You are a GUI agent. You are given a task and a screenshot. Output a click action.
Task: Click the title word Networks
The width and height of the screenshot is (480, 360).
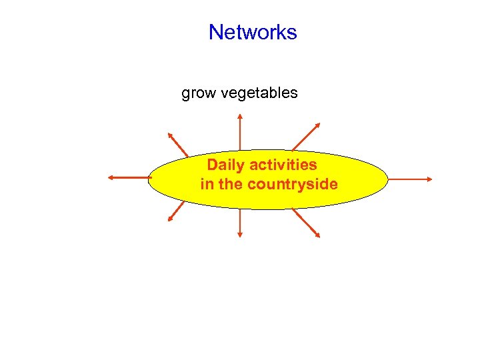[253, 32]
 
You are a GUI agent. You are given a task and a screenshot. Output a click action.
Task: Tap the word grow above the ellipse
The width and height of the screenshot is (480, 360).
[198, 93]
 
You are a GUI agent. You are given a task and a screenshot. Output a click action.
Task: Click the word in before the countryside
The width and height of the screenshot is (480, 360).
[207, 184]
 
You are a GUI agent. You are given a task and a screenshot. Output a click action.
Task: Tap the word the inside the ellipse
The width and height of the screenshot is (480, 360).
[231, 184]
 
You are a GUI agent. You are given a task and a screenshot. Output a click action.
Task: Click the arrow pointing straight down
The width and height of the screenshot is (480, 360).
[240, 223]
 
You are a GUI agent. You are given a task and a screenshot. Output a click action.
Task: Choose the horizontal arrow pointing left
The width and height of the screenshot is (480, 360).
[129, 177]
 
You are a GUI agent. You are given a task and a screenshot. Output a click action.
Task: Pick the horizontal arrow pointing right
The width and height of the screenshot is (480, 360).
[409, 179]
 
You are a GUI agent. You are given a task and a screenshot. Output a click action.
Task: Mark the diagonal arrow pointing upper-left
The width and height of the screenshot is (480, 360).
[178, 143]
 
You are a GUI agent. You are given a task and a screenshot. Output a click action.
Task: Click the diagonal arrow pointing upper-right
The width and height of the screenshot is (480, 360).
[306, 136]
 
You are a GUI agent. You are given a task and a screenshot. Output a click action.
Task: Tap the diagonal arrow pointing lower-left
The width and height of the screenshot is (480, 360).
[176, 211]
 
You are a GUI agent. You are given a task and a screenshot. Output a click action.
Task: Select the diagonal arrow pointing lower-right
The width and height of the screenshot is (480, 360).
[306, 223]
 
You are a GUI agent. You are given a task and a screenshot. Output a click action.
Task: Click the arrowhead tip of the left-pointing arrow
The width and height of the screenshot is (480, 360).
[110, 177]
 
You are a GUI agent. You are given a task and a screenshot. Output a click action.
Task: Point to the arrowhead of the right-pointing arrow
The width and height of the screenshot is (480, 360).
[429, 179]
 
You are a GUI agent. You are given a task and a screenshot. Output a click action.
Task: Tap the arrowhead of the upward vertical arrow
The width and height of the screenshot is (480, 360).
[240, 116]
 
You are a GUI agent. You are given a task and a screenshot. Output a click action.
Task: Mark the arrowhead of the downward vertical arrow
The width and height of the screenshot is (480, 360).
[240, 234]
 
